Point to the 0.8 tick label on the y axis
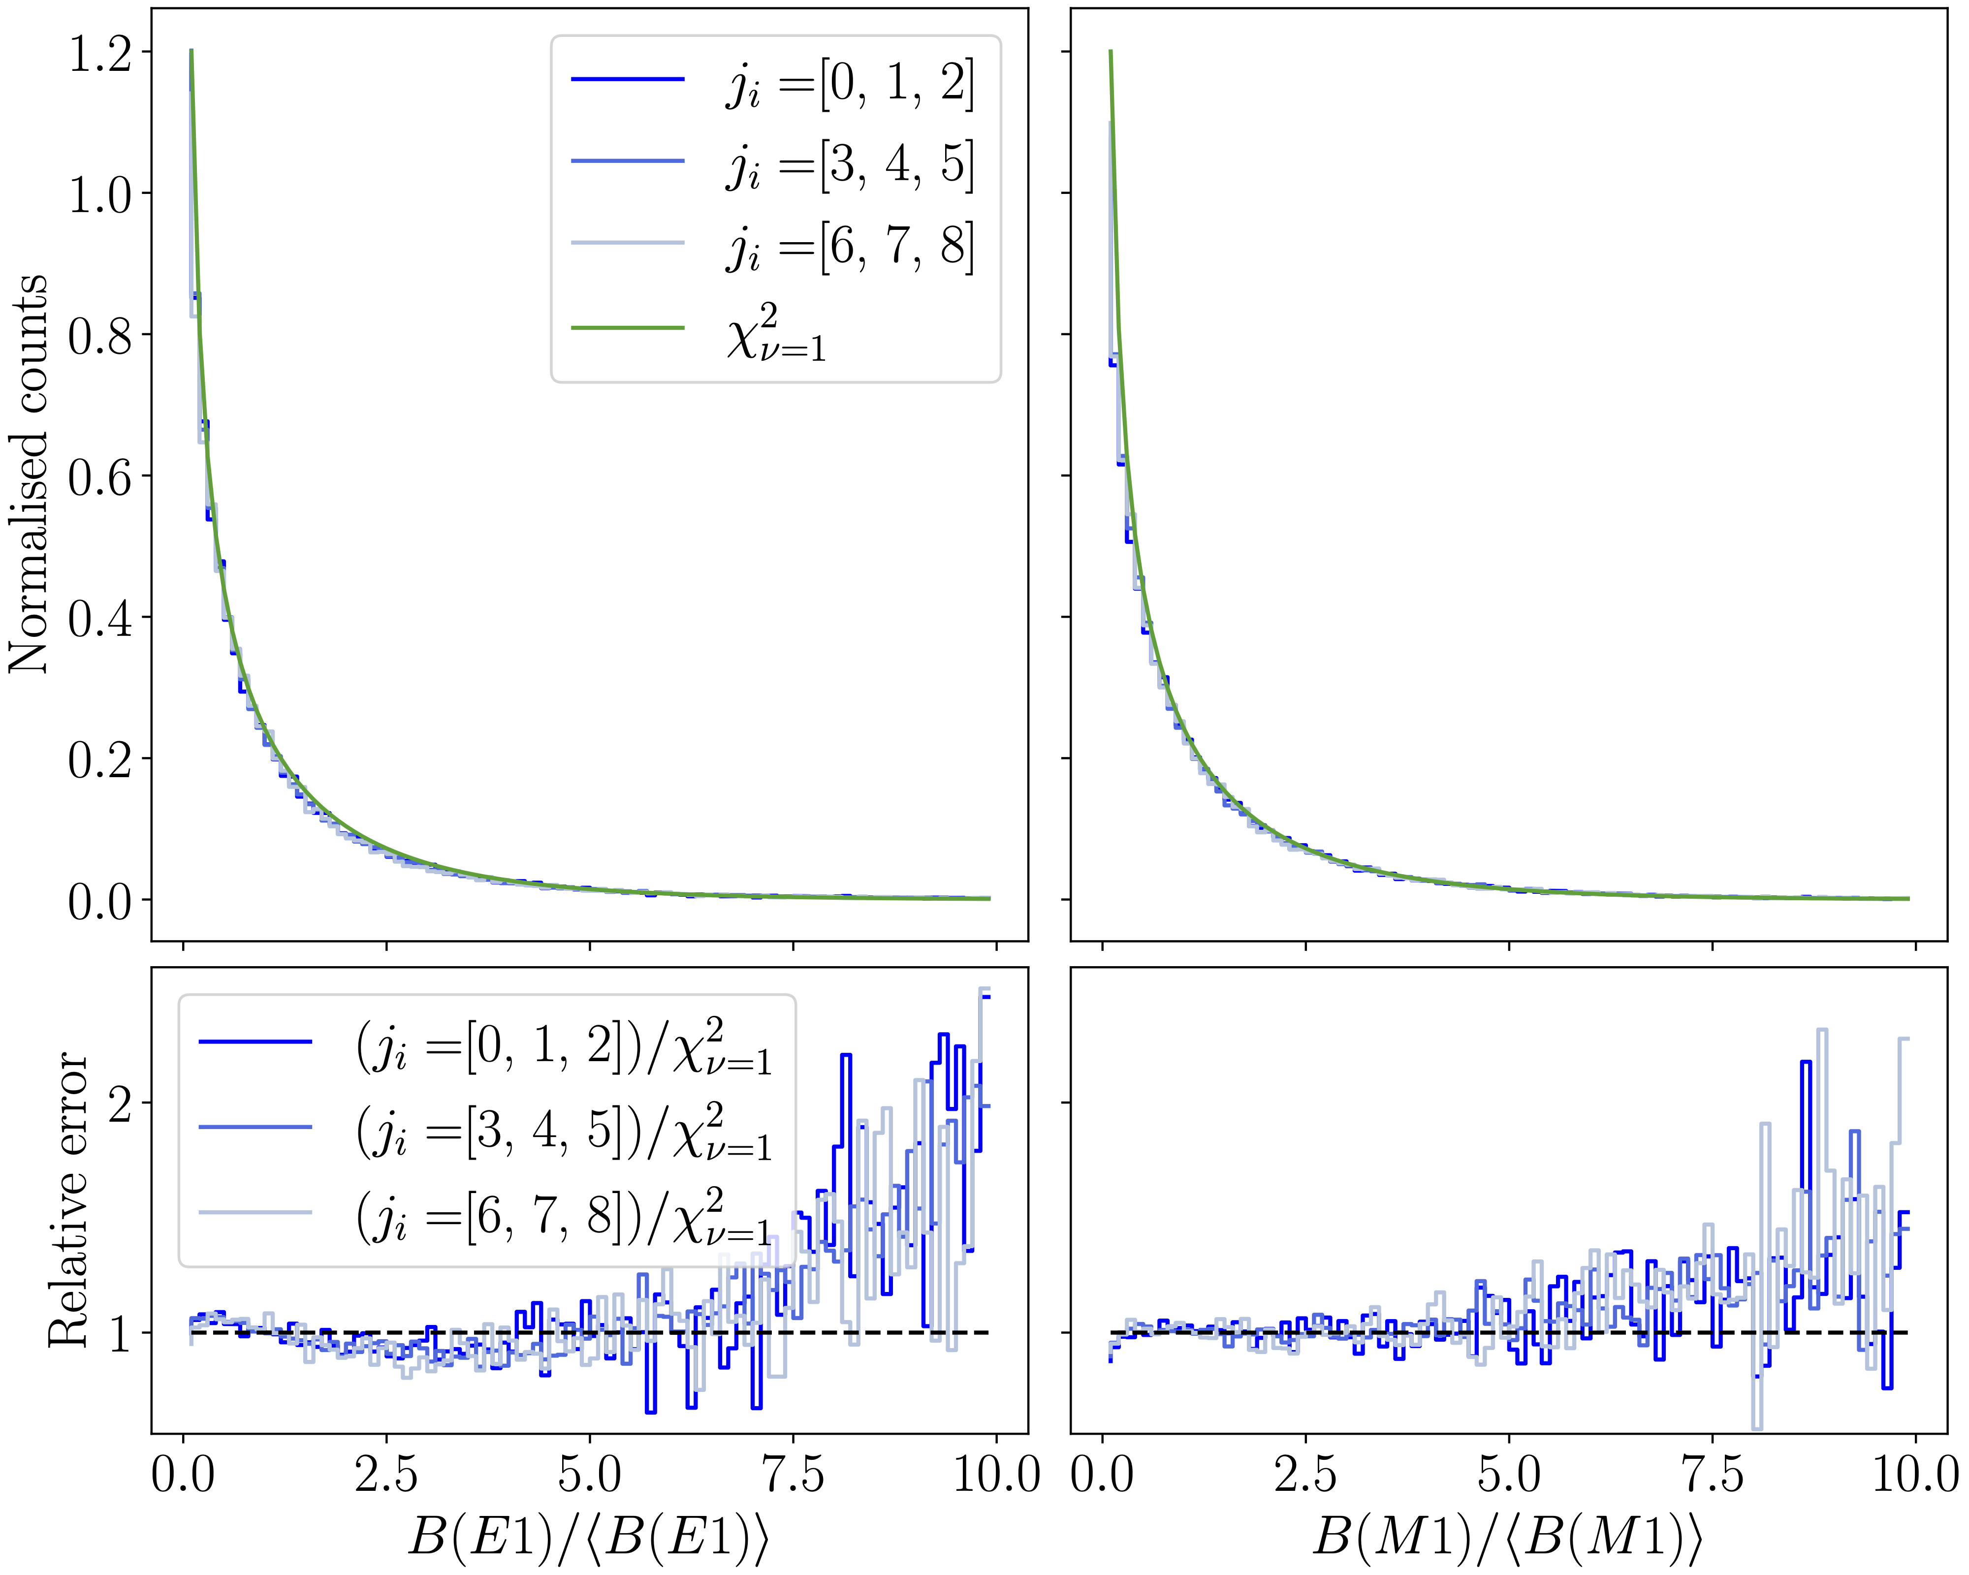coord(100,335)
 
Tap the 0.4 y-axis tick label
coord(100,618)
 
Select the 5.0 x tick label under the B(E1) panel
coord(589,1475)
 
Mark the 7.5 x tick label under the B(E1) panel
coord(792,1475)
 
